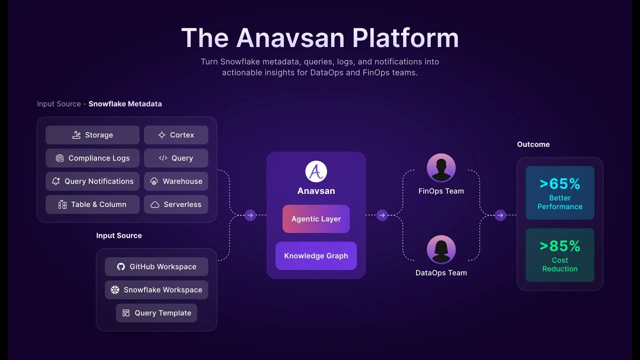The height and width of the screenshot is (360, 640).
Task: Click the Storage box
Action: tap(92, 135)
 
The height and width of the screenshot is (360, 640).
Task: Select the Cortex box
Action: tap(176, 135)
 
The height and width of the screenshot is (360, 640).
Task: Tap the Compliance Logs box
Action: tap(92, 158)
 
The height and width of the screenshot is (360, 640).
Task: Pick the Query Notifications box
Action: tap(92, 181)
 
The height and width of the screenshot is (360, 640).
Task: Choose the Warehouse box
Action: tap(176, 181)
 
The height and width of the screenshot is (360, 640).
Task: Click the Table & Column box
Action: tap(92, 204)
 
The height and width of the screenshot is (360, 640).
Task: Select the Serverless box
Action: tap(176, 204)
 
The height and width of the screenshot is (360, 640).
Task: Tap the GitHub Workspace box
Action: tap(156, 266)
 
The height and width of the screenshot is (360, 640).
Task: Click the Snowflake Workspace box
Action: tap(156, 290)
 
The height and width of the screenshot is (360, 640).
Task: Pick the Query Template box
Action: tap(156, 313)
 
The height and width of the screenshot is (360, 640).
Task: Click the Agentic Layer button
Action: tap(316, 219)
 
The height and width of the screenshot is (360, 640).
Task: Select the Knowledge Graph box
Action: tap(316, 256)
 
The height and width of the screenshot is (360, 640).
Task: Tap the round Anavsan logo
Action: tap(316, 171)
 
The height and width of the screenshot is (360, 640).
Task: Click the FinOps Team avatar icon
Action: tap(441, 168)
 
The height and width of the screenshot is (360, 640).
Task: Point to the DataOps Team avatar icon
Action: tap(441, 249)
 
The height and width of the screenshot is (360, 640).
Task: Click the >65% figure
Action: tap(560, 184)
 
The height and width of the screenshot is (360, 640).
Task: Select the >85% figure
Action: tap(560, 246)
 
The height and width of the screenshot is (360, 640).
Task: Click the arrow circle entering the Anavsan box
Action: tap(250, 215)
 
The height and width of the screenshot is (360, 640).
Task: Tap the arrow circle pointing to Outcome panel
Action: tap(500, 215)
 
